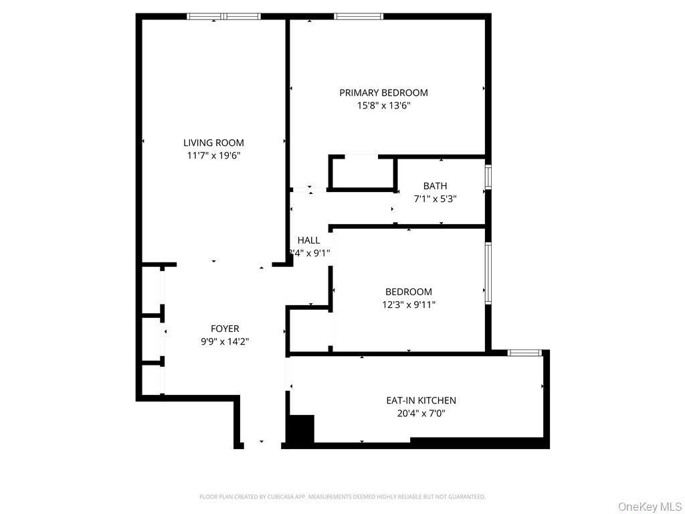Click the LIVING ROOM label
213,143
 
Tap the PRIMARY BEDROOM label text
383,93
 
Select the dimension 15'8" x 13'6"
383,106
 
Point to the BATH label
435,186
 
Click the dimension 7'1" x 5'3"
435,199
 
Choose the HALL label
308,240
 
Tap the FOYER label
225,329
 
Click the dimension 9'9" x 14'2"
225,341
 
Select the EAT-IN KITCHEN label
421,401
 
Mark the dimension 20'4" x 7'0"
421,414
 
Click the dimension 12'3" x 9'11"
408,305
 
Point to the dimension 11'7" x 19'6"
213,155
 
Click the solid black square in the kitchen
300,429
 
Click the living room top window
223,16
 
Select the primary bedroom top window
359,16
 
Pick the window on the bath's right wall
488,177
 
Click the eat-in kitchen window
524,353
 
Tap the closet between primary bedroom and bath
362,173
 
